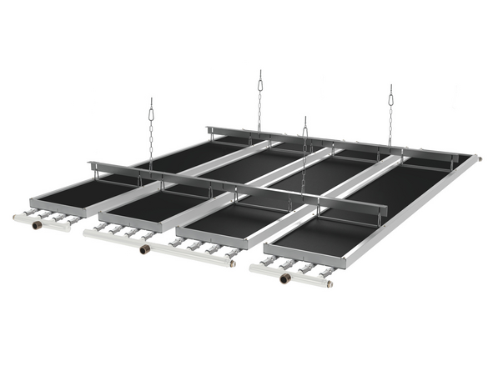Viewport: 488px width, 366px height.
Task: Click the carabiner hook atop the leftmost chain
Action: click(151, 106)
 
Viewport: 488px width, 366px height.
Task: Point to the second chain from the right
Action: click(304, 158)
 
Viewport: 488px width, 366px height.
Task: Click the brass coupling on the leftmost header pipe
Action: click(37, 225)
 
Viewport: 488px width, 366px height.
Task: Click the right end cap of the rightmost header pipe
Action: click(330, 283)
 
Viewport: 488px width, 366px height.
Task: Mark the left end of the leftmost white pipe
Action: click(16, 218)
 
